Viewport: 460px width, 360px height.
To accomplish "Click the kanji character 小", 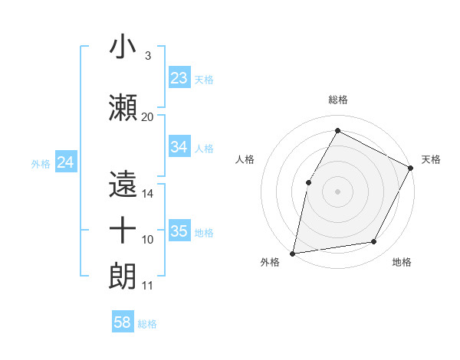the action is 123,47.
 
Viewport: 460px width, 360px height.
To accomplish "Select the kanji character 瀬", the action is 123,108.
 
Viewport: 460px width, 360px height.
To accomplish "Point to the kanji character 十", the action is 123,231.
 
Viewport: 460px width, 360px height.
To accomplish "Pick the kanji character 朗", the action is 123,277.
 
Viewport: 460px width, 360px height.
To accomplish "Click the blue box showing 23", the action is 179,78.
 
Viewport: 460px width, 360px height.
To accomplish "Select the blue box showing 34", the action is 179,147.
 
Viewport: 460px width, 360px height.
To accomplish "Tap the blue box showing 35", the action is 179,231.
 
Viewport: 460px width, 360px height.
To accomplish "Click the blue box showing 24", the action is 66,162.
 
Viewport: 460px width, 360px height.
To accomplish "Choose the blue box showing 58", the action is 123,323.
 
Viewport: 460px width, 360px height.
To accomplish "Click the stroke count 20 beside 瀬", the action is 148,116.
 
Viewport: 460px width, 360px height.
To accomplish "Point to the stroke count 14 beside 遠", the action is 148,194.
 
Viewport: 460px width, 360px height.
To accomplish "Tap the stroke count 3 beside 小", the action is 147,55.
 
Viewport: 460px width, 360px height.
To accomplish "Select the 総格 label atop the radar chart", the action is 337,100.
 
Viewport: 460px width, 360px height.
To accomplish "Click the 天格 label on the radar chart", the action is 431,159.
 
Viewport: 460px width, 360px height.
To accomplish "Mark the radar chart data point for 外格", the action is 292,253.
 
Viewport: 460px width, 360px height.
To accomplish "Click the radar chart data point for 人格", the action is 308,182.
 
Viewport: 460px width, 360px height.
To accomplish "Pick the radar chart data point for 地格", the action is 374,242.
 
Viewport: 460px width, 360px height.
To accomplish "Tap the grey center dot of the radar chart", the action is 337,191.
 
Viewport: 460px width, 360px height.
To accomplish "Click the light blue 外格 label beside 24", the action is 41,163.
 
